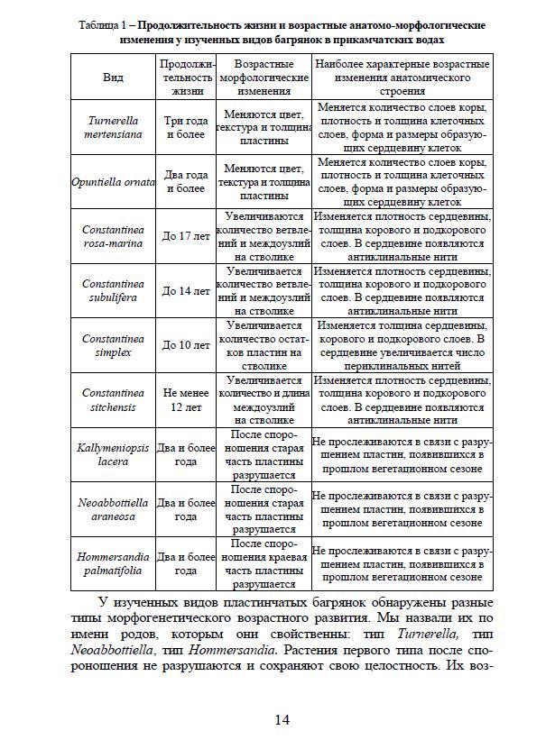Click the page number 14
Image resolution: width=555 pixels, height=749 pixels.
[282, 718]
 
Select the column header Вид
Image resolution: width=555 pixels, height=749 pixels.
[114, 78]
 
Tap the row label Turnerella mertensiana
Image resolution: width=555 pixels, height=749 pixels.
[114, 127]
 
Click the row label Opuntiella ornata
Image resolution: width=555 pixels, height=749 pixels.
[114, 182]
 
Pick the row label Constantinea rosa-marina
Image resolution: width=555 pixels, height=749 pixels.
[114, 236]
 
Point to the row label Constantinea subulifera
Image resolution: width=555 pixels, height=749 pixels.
[114, 291]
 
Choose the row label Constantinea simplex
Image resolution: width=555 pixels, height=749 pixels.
[114, 345]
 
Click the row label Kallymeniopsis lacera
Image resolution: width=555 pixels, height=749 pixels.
[114, 454]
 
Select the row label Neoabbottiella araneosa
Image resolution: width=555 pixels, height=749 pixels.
[114, 510]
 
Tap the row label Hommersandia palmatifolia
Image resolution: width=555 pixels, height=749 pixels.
[114, 564]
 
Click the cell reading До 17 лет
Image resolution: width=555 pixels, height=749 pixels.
[186, 236]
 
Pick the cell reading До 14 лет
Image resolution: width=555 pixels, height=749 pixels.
[186, 291]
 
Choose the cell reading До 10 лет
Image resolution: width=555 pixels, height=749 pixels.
[186, 345]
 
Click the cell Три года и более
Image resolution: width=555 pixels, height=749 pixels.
[186, 127]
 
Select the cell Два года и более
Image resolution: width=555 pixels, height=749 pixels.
[186, 182]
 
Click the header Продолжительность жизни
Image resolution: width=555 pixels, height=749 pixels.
[186, 78]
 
